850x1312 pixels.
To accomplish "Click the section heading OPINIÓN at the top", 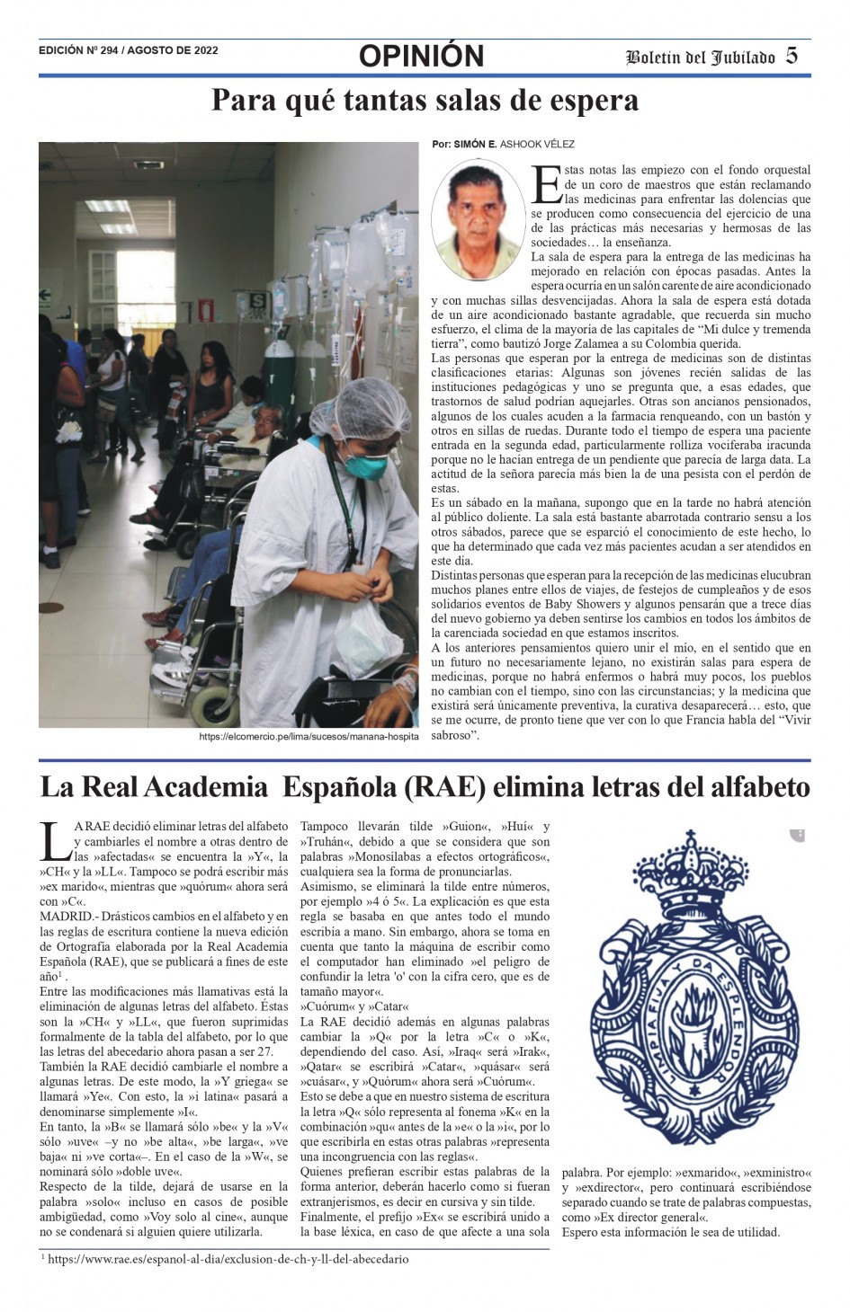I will click(x=421, y=57).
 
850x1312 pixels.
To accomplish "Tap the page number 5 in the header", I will click(x=792, y=56).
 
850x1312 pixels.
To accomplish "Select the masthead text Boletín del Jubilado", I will click(x=701, y=58).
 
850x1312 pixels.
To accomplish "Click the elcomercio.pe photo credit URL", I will click(x=309, y=737).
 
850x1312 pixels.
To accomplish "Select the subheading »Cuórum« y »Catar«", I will click(x=354, y=1006).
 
